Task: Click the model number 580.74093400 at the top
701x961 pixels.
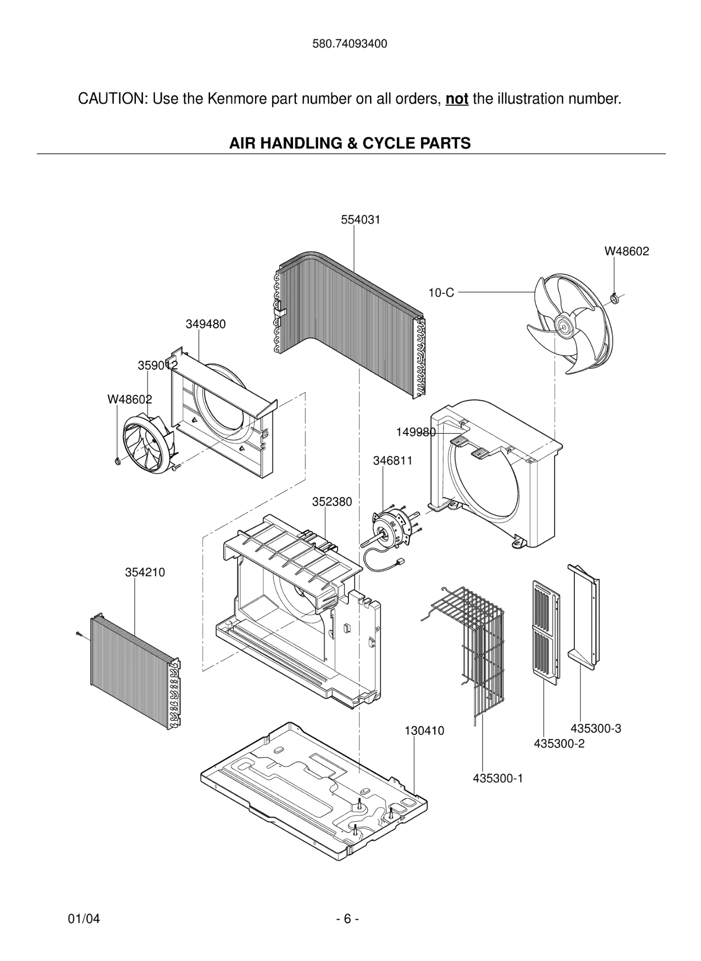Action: tap(350, 44)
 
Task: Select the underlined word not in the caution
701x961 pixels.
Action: tap(457, 99)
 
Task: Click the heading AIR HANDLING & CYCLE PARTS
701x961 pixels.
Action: tap(350, 143)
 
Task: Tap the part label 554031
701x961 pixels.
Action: tap(361, 220)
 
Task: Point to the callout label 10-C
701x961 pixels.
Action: tap(441, 293)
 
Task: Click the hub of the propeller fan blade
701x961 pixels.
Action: tap(562, 325)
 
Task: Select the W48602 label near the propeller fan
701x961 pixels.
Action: tap(626, 252)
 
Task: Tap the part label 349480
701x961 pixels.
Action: tap(205, 324)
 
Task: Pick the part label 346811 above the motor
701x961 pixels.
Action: tap(392, 461)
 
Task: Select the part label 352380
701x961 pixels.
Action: tap(332, 502)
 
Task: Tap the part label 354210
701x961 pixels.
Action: tap(145, 572)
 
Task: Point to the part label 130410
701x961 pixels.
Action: tap(424, 731)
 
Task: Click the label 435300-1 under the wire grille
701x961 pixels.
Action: tap(497, 778)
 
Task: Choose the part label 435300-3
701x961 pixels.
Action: tap(595, 729)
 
